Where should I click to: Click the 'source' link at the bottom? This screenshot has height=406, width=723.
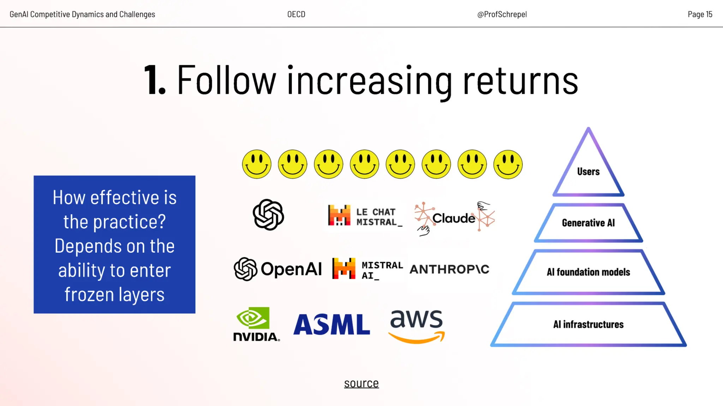pos(361,383)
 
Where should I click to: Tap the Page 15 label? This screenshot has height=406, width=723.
pos(700,14)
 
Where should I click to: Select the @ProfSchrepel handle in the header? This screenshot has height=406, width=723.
pos(502,14)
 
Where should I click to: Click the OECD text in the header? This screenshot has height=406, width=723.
pos(296,14)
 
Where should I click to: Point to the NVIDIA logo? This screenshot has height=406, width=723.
pos(256,324)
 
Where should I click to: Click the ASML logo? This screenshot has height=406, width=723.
pos(331,324)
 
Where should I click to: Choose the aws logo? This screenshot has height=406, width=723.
pos(417,326)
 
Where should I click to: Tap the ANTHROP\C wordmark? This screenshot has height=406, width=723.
pos(449,269)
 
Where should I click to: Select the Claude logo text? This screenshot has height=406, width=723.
pos(454,218)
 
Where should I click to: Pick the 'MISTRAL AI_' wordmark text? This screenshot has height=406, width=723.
pos(382,270)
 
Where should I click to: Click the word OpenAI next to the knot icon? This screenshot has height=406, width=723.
pos(291,269)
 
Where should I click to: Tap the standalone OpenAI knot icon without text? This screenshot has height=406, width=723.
pos(268,215)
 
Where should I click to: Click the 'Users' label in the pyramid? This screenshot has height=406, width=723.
pos(588,172)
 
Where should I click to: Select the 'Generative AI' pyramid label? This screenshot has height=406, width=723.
pos(588,223)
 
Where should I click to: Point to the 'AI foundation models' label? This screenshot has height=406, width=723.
pos(588,272)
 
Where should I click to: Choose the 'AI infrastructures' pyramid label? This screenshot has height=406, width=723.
pos(588,324)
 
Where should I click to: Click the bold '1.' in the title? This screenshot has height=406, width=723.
pos(155,80)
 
